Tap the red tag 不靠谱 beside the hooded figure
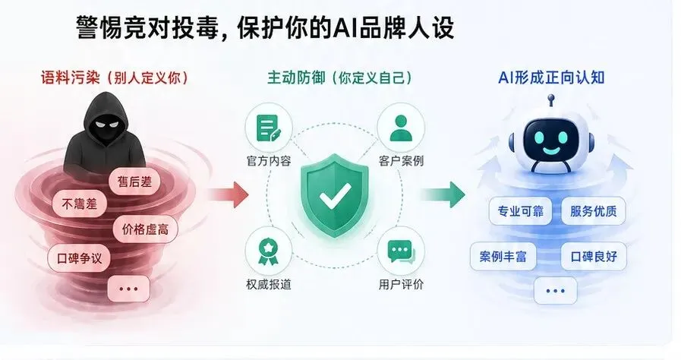[79, 203]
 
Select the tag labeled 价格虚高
[145, 228]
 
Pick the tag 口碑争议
[79, 257]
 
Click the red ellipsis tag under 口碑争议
[128, 288]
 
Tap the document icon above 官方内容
[268, 128]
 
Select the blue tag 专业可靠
[520, 211]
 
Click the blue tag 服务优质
[594, 211]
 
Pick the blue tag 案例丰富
[503, 256]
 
